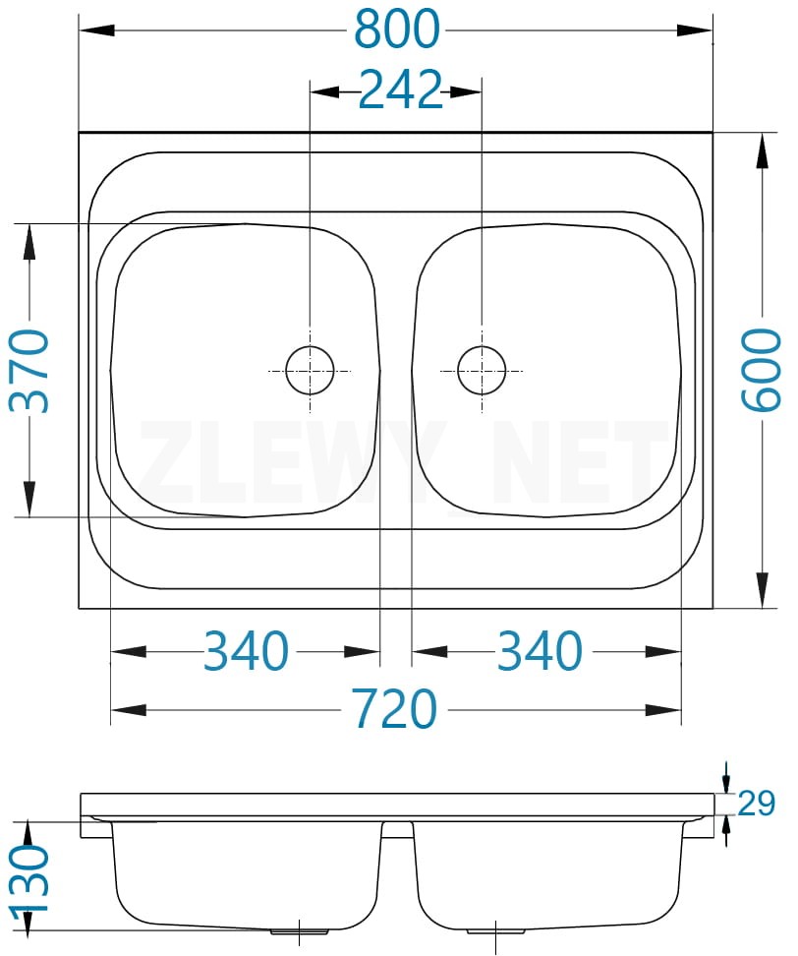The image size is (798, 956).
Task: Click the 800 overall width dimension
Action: point(397,30)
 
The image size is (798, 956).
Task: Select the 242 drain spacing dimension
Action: point(400,90)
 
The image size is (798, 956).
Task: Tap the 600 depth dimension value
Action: point(761,370)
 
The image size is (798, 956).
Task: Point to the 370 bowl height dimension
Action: point(29,371)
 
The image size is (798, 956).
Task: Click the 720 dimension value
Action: point(396,708)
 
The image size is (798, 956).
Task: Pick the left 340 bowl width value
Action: point(246,651)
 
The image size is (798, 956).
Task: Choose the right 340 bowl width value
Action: point(541,651)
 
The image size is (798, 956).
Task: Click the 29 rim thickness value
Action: point(756,803)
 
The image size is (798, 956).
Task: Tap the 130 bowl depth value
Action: point(29,878)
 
